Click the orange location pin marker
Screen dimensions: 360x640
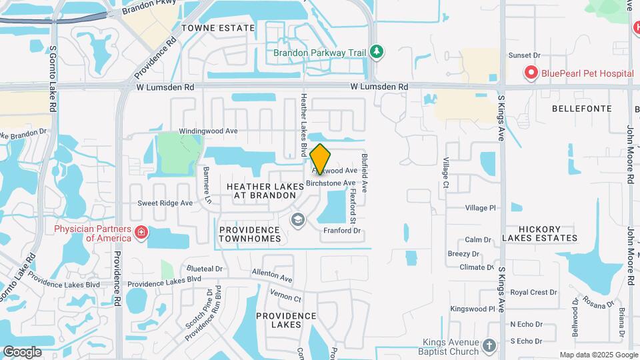pos(321,159)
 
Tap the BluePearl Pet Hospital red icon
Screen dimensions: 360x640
pos(531,72)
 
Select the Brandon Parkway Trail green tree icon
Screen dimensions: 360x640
pos(377,52)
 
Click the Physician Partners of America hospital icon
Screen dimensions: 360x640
pos(141,232)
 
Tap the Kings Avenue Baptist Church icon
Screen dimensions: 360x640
pos(490,346)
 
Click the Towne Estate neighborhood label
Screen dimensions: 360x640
pos(218,28)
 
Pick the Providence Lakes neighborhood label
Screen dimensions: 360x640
pos(286,320)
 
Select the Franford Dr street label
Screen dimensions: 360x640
pos(341,231)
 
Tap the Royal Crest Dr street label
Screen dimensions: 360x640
pos(533,292)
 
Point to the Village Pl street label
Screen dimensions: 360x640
pos(481,208)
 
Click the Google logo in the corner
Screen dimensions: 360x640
pos(22,352)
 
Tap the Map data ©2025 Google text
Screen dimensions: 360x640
pos(597,355)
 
